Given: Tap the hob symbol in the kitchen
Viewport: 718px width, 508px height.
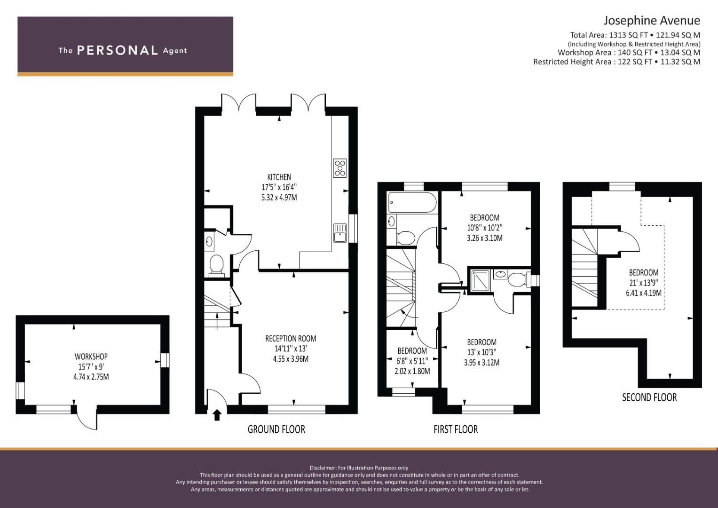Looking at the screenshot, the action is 340,168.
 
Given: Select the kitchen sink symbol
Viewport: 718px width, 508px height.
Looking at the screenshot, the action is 340,233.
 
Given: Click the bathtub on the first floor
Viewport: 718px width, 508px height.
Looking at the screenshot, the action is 412,202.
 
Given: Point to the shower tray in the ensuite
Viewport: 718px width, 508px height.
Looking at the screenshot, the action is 480,281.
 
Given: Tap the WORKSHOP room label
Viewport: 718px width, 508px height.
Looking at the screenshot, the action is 91,357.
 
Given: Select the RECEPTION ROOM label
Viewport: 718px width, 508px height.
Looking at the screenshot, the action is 291,338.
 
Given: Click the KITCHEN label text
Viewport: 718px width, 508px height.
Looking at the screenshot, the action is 279,177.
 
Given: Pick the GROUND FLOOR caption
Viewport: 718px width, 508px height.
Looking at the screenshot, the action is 276,429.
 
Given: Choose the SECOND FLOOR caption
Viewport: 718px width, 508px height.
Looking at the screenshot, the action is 649,397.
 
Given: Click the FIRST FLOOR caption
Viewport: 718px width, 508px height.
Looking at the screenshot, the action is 456,429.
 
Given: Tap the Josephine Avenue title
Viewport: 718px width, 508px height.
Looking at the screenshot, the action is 652,21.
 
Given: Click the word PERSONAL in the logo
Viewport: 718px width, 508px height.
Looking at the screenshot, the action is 118,50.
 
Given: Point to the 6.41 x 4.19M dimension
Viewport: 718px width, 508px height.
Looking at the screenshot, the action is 644,293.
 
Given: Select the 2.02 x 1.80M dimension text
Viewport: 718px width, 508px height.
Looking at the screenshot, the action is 412,371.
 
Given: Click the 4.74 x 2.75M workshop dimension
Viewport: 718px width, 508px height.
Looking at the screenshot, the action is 91,377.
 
